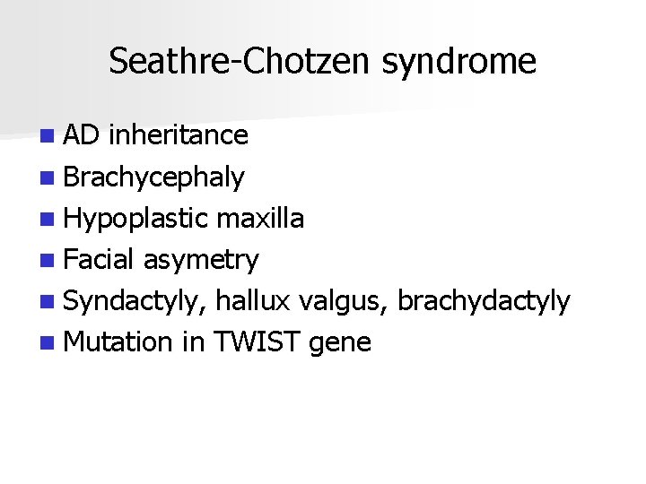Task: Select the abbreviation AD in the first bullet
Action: [x=82, y=135]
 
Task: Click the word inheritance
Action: [x=178, y=135]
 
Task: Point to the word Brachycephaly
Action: [x=153, y=177]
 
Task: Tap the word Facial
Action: [x=99, y=260]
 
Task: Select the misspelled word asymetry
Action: [x=200, y=260]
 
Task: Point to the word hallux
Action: [x=253, y=301]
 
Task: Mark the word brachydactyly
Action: [x=484, y=301]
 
